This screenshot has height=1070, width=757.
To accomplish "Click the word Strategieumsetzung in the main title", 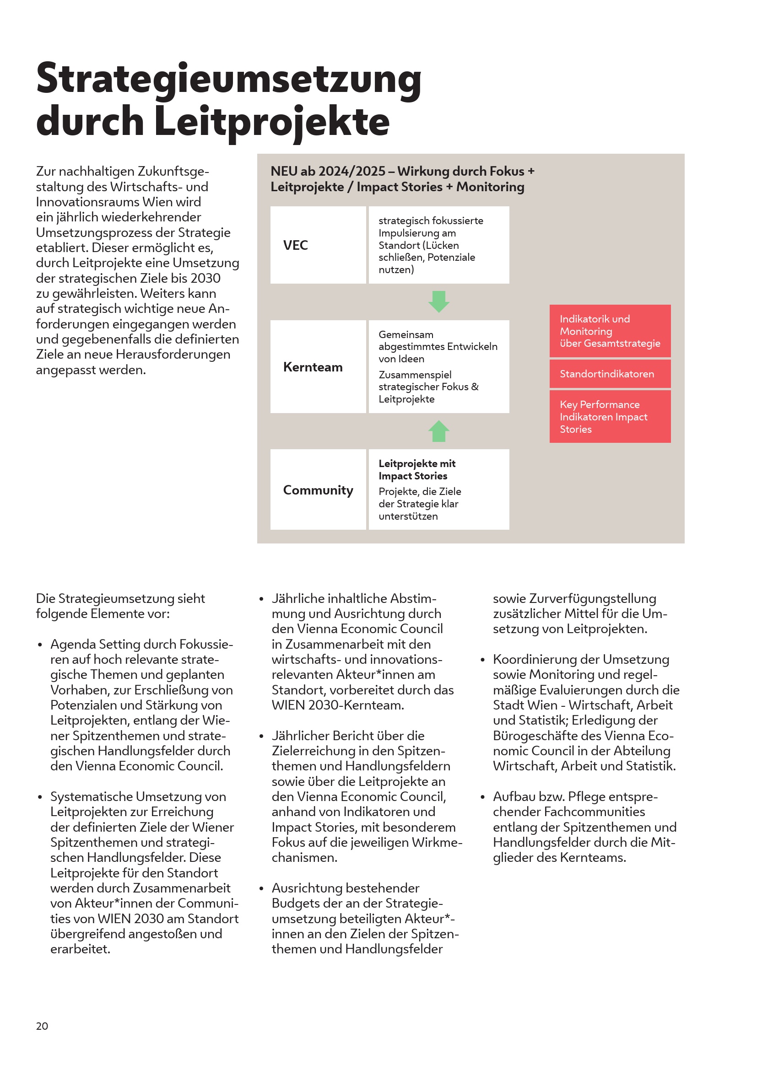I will (x=228, y=79).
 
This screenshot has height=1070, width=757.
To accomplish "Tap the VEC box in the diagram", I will (x=318, y=245).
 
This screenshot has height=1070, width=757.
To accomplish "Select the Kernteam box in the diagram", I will (x=318, y=367).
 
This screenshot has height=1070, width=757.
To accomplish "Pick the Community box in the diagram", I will (x=318, y=490).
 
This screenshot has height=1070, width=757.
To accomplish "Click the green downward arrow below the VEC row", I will (x=438, y=301).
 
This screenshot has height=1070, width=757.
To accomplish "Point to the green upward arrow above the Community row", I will (x=438, y=431).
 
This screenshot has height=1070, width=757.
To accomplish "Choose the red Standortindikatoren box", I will (x=610, y=374).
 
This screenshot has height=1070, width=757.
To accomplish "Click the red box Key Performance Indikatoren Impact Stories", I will (x=610, y=417).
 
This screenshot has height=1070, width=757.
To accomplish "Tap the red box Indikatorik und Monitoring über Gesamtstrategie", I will (x=610, y=331).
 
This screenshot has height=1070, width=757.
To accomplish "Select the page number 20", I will (x=42, y=1026).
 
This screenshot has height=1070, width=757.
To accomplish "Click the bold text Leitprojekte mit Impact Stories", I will (x=417, y=470).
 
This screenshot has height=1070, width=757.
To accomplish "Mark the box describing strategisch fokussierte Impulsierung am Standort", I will (x=438, y=245).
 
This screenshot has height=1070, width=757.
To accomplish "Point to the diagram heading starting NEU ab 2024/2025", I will (x=402, y=179).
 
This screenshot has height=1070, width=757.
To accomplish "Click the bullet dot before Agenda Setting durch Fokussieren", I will (x=40, y=645).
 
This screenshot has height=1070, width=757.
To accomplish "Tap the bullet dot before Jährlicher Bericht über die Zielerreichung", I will (x=261, y=737).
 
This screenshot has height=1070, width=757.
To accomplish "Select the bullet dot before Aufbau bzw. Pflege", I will (x=483, y=797).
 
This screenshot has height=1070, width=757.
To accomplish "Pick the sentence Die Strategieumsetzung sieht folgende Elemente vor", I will (x=120, y=606).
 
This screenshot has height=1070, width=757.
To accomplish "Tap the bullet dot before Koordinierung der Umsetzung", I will (x=483, y=660).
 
